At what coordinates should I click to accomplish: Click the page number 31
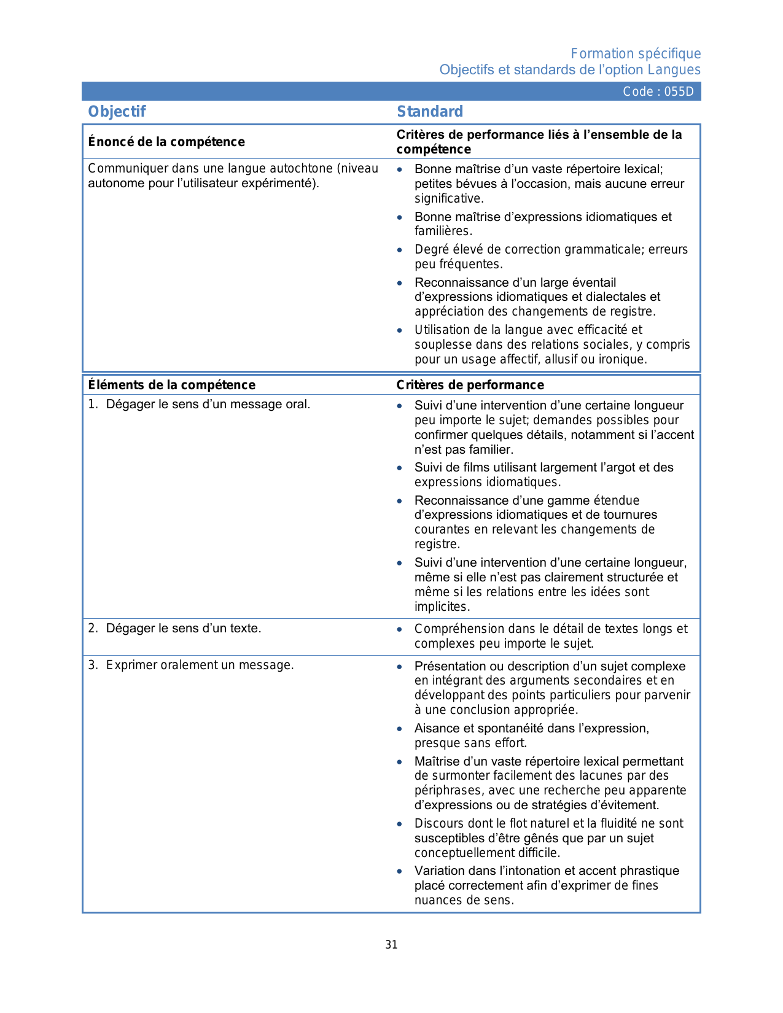click(391, 945)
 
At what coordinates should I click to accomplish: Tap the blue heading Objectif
click(117, 112)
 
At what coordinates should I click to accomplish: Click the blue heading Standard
click(430, 112)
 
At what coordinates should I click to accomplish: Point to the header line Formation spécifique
click(636, 54)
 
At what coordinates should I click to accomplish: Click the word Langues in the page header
click(674, 70)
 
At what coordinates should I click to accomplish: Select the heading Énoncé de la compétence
click(166, 142)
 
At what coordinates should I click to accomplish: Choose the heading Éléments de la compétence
click(171, 385)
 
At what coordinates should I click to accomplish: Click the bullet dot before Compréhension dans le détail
click(400, 629)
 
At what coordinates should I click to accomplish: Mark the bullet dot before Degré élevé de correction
click(400, 250)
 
